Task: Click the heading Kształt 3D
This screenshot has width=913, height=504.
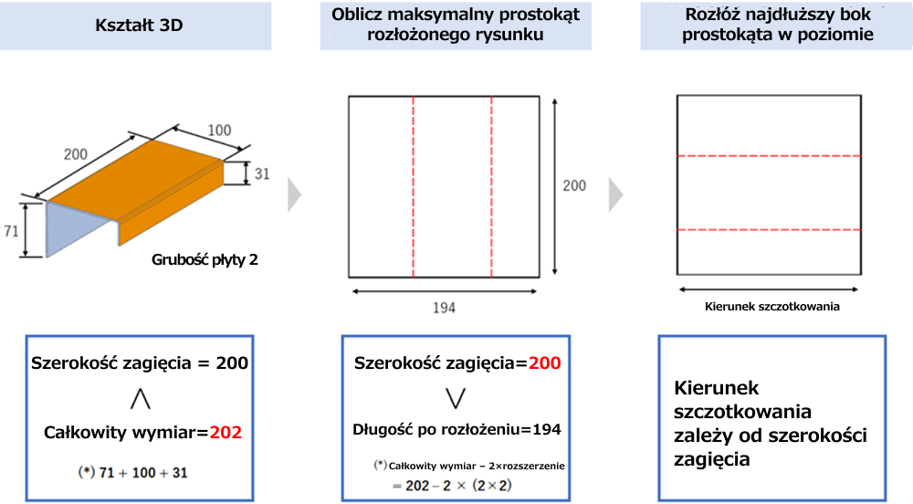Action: [x=139, y=25]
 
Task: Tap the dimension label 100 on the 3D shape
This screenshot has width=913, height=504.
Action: [x=219, y=131]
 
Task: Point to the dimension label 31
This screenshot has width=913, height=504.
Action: [x=262, y=173]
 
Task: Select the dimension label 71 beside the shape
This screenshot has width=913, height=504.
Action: [x=11, y=231]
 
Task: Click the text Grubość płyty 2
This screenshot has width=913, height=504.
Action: [x=205, y=259]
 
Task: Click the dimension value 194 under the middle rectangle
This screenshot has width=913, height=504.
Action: [x=444, y=308]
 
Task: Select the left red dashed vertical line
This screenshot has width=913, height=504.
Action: [x=414, y=187]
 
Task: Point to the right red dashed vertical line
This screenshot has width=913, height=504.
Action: [x=491, y=187]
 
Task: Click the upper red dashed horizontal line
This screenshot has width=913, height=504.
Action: [x=769, y=156]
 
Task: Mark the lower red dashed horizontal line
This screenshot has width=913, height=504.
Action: [x=769, y=230]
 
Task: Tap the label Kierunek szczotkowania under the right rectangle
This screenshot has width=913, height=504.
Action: [x=772, y=307]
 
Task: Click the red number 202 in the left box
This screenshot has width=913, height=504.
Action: [x=226, y=433]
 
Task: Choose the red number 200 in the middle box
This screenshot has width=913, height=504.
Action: [x=544, y=363]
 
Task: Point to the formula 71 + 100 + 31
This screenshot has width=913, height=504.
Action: [x=143, y=473]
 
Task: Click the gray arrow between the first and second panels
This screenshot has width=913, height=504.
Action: [x=295, y=194]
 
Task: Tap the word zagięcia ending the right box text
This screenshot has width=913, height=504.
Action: [x=712, y=460]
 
